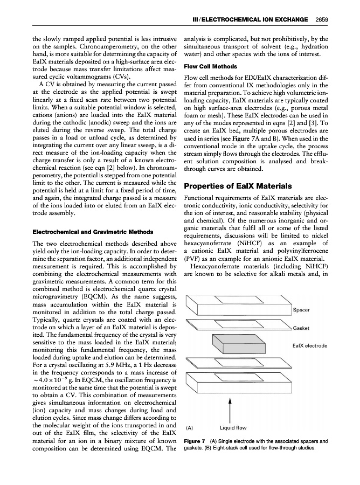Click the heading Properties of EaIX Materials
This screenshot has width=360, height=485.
click(x=239, y=186)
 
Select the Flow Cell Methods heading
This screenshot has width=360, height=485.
click(x=211, y=66)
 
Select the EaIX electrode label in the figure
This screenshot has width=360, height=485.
click(x=310, y=345)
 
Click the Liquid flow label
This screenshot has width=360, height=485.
click(x=233, y=428)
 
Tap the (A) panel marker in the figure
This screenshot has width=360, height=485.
click(x=189, y=428)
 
